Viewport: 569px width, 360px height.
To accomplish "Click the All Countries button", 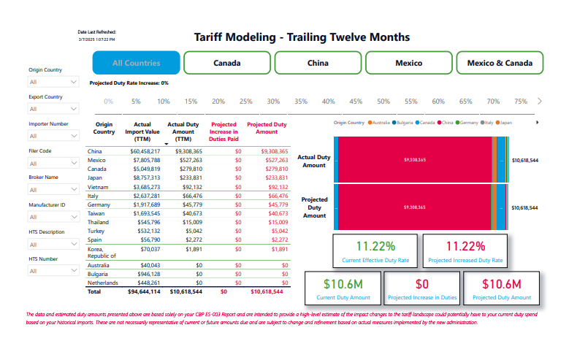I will [x=136, y=63].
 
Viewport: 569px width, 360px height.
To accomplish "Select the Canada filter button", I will [x=226, y=63].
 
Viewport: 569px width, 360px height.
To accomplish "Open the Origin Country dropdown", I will [x=53, y=83].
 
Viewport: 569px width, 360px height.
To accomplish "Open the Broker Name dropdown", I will [x=53, y=189].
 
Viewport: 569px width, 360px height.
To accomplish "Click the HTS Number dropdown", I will [x=53, y=271].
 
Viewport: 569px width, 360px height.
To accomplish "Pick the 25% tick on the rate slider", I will [x=246, y=102].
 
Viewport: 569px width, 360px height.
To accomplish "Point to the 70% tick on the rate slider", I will [x=493, y=102].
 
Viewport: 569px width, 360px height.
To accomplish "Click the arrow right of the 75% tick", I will [x=539, y=102].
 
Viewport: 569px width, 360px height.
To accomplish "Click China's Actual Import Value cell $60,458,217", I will [x=144, y=151].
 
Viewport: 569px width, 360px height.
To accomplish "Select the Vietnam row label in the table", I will [x=97, y=187].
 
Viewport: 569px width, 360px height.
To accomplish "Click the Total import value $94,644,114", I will [x=144, y=291].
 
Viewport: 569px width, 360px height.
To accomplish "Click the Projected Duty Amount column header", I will [x=267, y=129].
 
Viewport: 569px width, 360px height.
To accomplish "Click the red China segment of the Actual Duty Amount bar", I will [x=413, y=158].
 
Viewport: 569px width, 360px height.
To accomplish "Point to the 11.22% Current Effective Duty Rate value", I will [x=375, y=246].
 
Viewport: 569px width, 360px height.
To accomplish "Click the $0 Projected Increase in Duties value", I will [x=422, y=283].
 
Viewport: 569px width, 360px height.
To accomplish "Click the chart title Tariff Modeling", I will [x=302, y=37].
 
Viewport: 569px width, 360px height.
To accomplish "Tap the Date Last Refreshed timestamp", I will [x=96, y=39].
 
